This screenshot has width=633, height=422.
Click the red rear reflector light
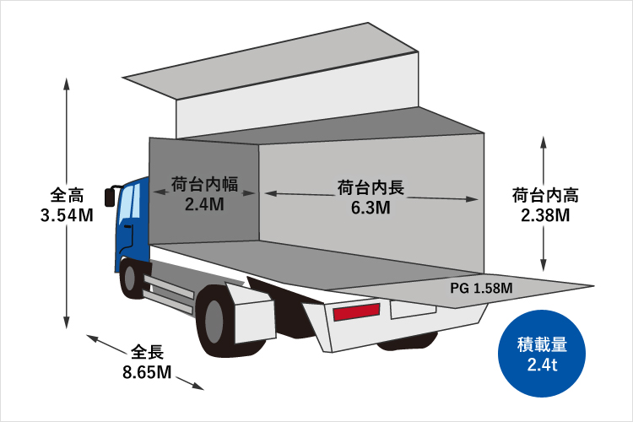(x=356, y=311)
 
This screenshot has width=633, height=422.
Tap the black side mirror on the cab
(x=110, y=197)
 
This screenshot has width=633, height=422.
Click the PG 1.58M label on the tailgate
(x=481, y=289)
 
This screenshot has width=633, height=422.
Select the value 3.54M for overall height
(x=67, y=215)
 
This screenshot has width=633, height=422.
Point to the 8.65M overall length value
(x=148, y=372)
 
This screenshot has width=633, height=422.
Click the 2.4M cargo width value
(x=205, y=204)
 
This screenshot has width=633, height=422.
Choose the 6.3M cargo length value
(x=371, y=208)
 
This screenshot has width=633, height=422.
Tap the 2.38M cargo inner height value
(x=545, y=215)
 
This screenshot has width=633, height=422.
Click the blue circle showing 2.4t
(x=542, y=354)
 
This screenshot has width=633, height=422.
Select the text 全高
(x=67, y=195)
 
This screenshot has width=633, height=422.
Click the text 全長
(x=148, y=352)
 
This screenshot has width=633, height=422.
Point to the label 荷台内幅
(x=205, y=184)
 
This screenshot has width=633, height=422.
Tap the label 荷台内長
(x=371, y=187)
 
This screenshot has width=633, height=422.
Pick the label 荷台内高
(x=545, y=195)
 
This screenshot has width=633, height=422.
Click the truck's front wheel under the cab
(x=131, y=279)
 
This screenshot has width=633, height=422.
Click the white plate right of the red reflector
(x=413, y=310)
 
